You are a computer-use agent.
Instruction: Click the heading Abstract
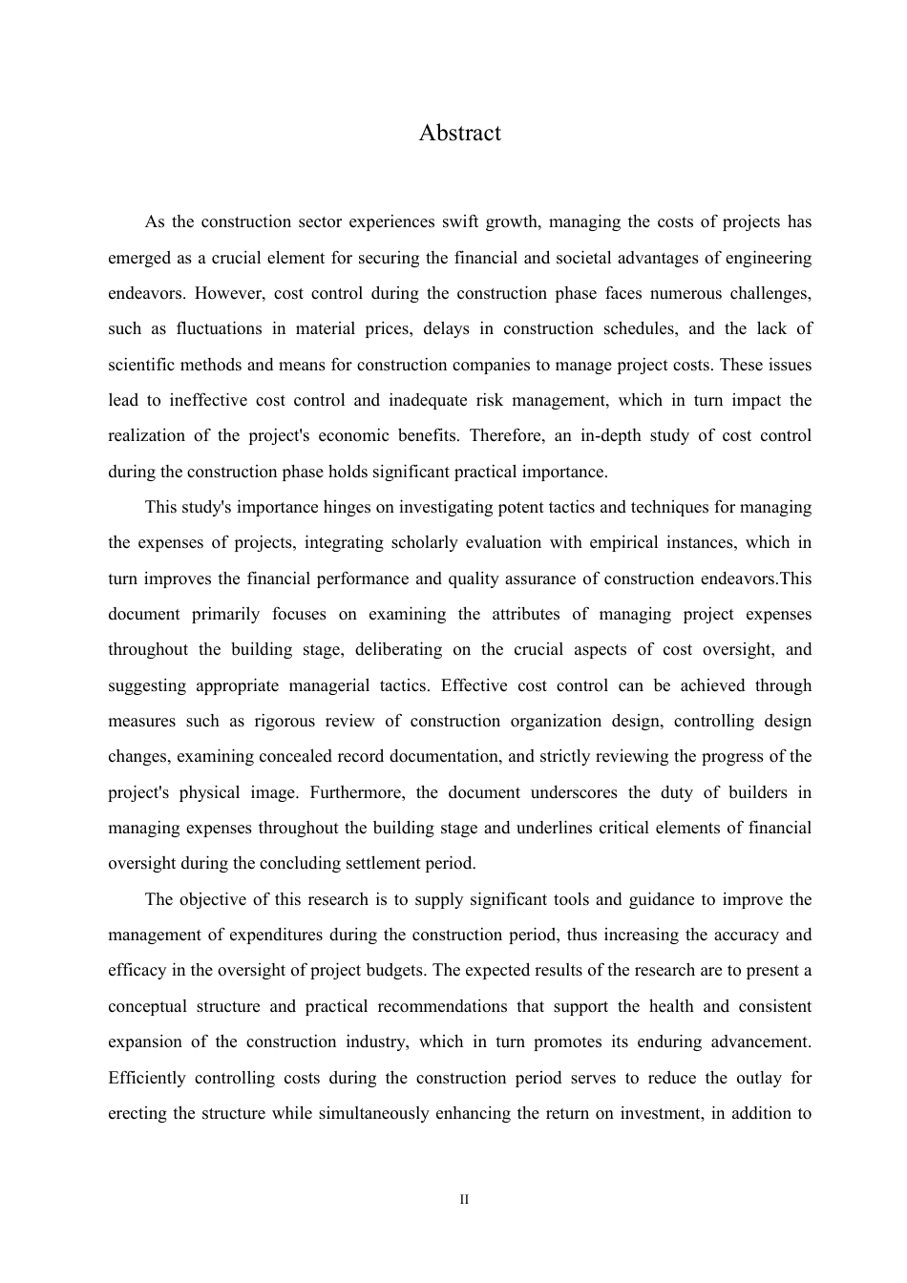[x=459, y=133]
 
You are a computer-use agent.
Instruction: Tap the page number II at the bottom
[x=464, y=1199]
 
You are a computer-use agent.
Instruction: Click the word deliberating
[x=398, y=650]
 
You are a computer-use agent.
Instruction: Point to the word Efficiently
[x=147, y=1079]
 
